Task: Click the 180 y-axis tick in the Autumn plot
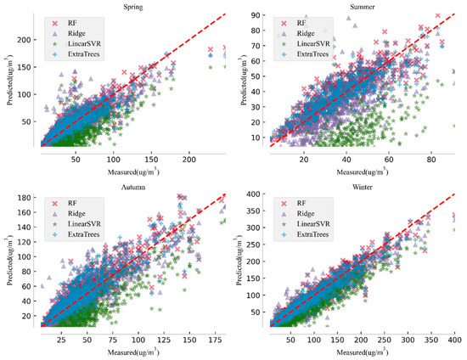click(x=26, y=198)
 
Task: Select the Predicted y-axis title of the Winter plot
click(x=243, y=260)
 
